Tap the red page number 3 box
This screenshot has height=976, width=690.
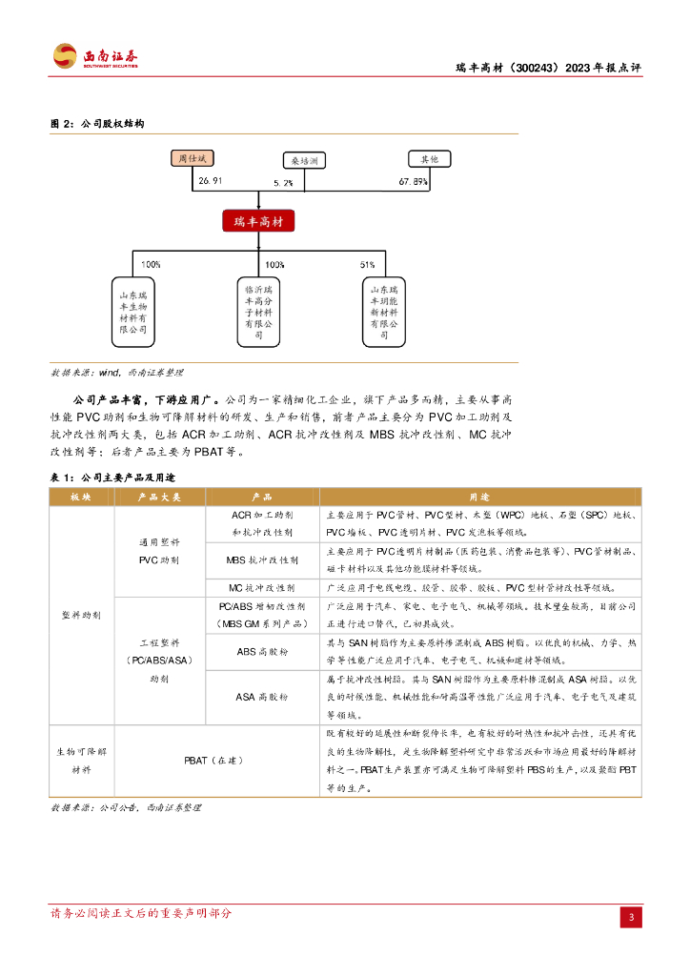pos(631,917)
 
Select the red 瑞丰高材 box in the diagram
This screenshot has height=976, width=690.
pos(258,222)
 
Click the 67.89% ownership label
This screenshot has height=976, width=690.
pos(413,181)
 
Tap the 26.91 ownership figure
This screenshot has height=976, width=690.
pos(210,181)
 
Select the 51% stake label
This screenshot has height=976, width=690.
pos(367,264)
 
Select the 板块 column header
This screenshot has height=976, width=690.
pos(81,498)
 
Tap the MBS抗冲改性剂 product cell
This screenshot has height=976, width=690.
pos(262,560)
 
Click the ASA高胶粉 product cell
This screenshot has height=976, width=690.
pos(262,697)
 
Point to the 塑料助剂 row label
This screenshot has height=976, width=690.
pos(81,615)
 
